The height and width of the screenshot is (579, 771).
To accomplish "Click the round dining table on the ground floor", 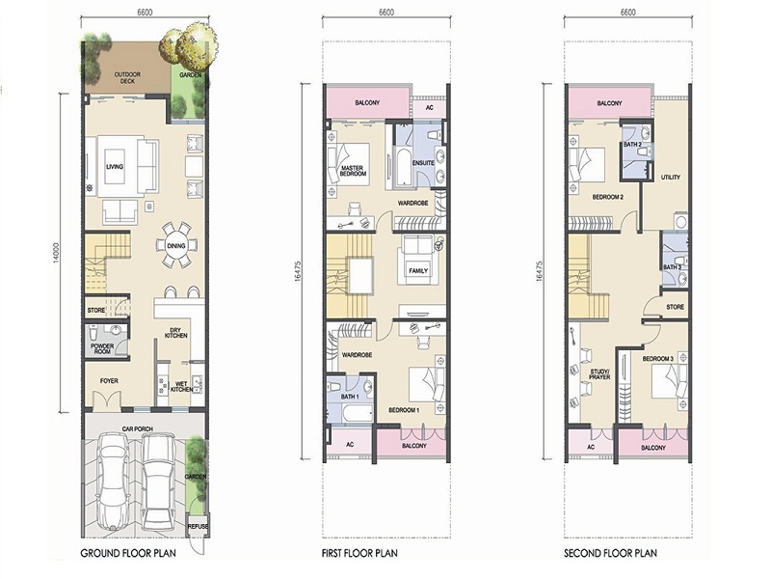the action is coord(176,245).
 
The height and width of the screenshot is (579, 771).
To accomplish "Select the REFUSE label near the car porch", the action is coord(198,526).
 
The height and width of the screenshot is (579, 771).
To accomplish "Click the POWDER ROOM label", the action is coord(102,348).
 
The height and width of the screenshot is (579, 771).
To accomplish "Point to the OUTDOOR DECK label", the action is coord(127,77).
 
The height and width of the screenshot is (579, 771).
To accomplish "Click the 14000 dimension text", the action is coord(56,253).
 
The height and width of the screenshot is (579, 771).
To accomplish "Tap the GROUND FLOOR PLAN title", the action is coord(128,553).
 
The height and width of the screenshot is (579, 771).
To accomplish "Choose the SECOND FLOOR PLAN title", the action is coord(610,553).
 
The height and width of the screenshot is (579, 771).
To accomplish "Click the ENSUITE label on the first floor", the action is coord(423,163).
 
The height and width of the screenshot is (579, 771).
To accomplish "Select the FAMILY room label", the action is coord(418,271).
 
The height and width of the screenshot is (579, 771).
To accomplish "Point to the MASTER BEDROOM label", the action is coord(353,171).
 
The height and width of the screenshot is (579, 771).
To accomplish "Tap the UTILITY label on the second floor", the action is coord(670,178).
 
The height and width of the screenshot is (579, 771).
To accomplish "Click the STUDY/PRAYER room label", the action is coord(599,374).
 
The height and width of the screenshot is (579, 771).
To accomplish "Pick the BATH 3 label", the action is coord(672,267).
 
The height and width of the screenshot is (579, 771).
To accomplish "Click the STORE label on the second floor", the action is coord(676,307).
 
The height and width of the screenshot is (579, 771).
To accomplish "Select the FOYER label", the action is coord(109,380).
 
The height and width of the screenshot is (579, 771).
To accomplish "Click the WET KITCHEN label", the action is coord(182,386).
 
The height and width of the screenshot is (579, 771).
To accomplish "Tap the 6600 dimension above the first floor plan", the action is coord(386,13).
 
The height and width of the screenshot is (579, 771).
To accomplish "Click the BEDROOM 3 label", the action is coord(658,359).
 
